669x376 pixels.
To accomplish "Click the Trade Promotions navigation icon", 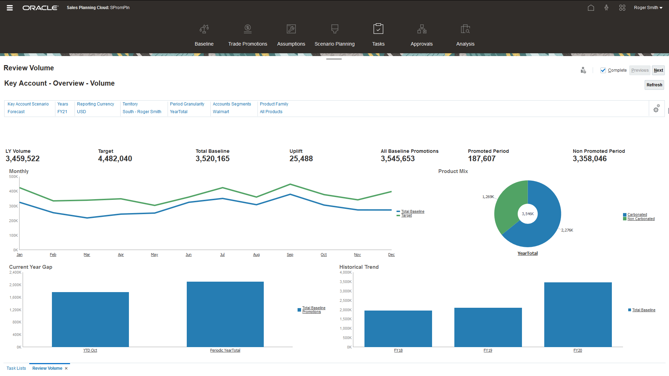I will point(247,29).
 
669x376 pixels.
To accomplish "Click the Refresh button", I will point(654,85).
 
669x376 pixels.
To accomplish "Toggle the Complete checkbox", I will point(603,70).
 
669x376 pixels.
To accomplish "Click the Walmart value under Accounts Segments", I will point(221,112).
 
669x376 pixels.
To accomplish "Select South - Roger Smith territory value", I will point(142,112).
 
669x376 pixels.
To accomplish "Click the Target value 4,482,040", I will point(115,159).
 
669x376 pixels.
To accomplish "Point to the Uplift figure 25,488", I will point(301,159).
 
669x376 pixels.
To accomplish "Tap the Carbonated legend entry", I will point(637,215).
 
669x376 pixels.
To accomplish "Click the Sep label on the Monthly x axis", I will point(290,255).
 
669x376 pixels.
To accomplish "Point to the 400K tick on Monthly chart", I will point(14,191).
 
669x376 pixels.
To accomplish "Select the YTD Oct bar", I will point(90,319).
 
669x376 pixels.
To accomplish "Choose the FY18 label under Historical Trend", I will point(398,351).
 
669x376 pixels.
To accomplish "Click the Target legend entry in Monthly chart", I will point(406,216).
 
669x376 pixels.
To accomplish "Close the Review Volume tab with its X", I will point(66,368).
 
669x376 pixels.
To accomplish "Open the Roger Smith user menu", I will point(648,8).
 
